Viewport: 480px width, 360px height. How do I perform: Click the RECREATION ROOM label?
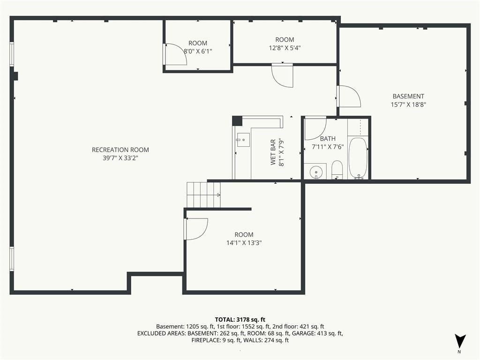[x=120, y=150]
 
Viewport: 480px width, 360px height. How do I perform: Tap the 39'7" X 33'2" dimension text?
[x=120, y=158]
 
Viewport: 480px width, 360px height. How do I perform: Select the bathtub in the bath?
[x=358, y=158]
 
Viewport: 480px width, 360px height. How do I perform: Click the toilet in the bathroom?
[x=337, y=170]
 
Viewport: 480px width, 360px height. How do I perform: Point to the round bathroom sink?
[x=315, y=172]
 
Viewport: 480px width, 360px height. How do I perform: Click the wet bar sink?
[x=243, y=140]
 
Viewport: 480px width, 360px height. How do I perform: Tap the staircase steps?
[x=203, y=195]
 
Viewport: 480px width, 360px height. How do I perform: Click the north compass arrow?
[x=460, y=341]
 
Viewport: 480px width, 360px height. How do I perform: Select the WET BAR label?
[x=273, y=152]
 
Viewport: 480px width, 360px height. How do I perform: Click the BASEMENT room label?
[x=408, y=96]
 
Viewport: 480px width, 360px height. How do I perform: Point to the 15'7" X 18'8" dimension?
[x=408, y=105]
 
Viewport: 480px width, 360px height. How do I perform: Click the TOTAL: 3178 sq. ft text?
[x=240, y=320]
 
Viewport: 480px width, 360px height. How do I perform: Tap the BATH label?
[x=328, y=139]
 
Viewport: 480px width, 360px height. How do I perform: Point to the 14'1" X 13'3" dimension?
[x=244, y=243]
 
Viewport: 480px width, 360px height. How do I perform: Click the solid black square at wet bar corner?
[x=237, y=121]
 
